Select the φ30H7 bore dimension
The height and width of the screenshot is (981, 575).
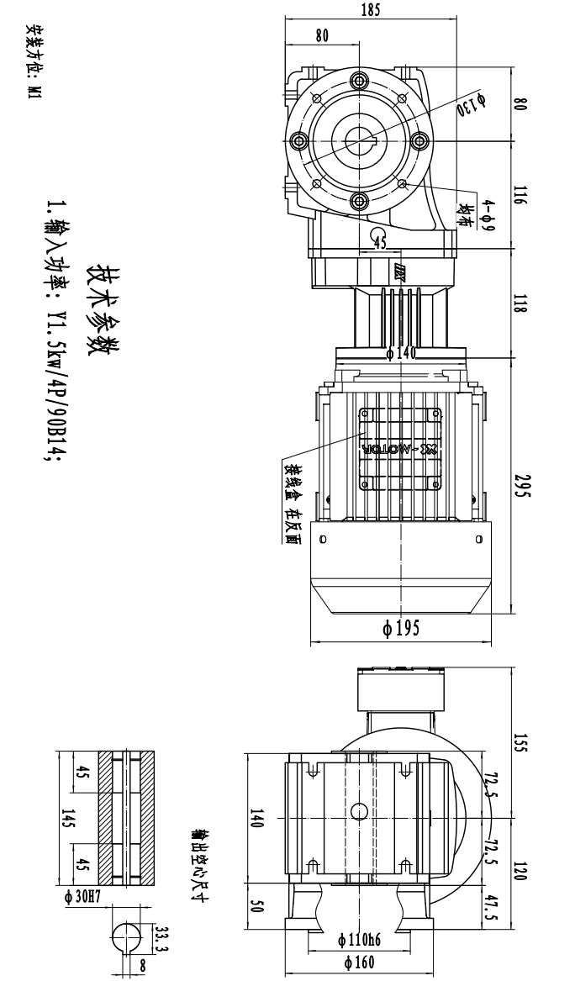coord(82,897)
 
